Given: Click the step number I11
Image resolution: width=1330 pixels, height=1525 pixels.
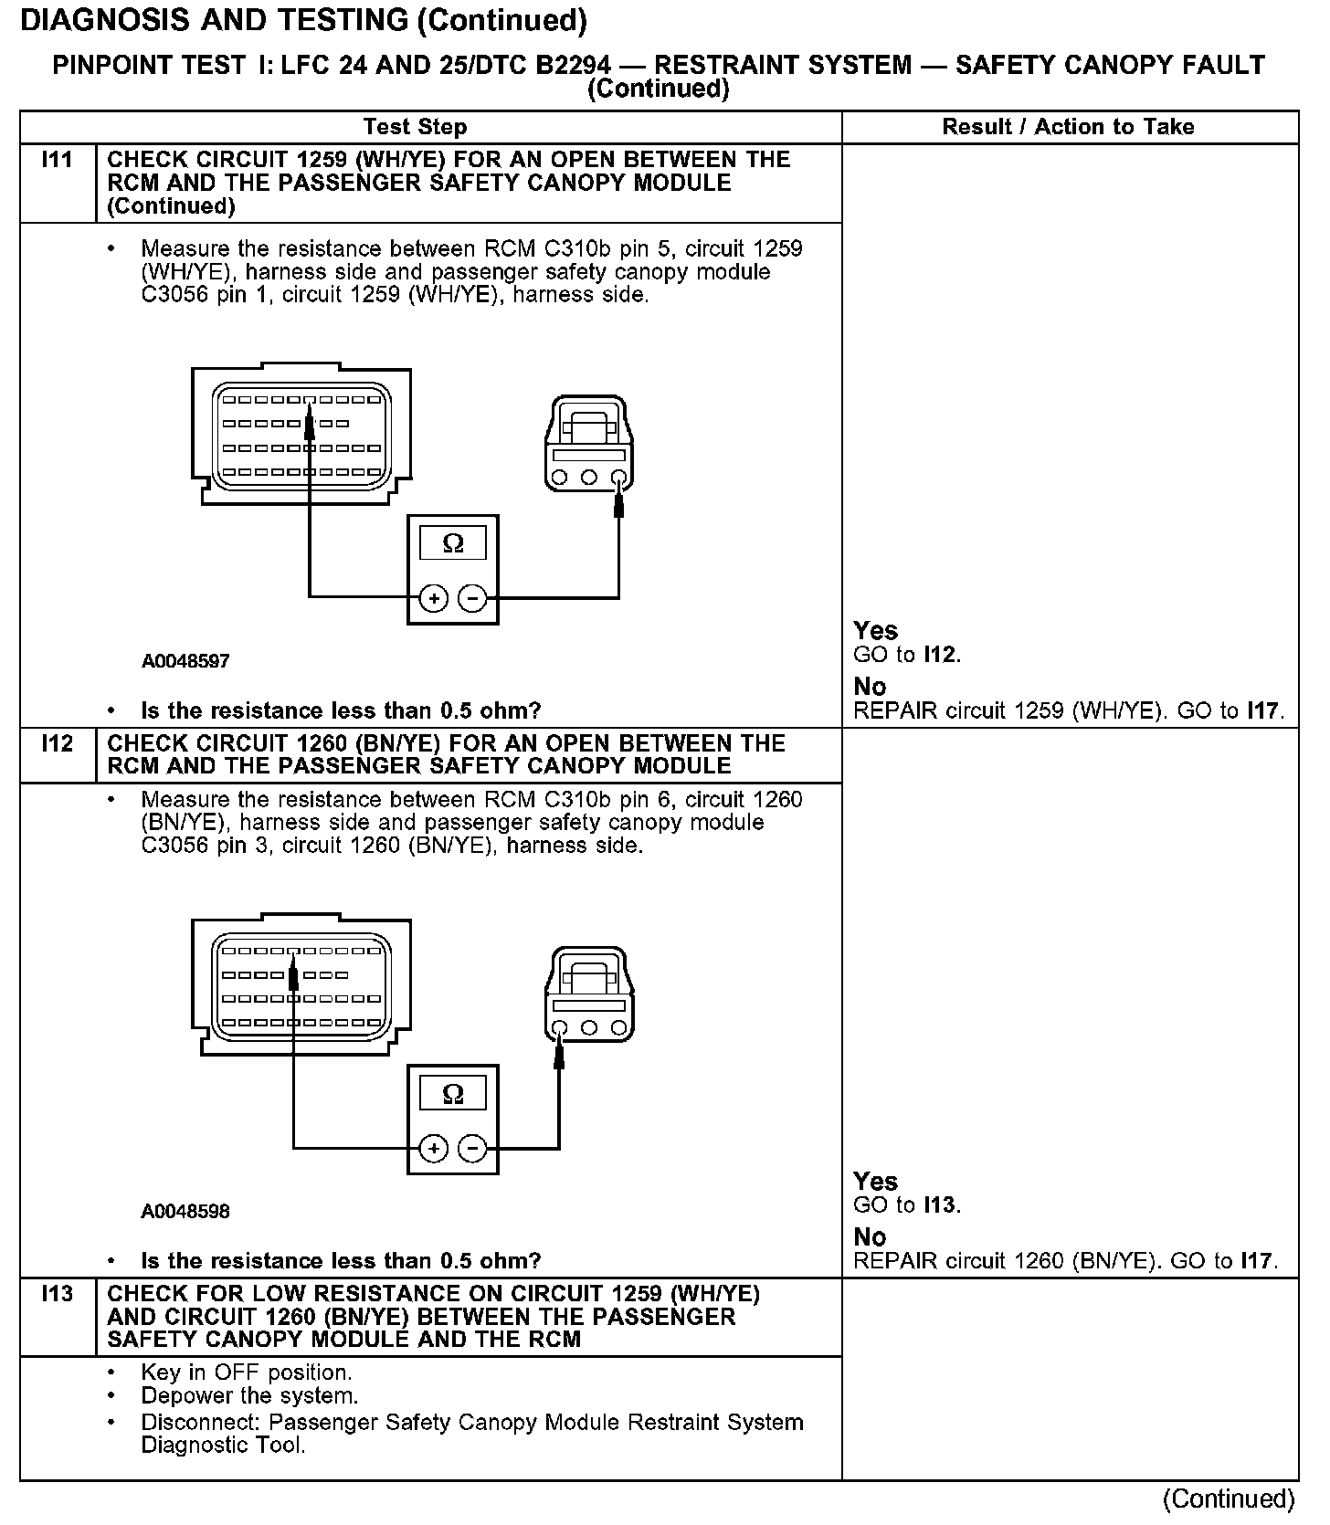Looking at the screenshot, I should [57, 160].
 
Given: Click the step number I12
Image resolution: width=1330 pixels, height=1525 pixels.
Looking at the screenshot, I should [57, 743].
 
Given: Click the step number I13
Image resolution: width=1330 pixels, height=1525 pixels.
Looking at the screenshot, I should [57, 1294].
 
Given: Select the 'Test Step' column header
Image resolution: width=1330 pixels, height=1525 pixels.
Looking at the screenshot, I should [415, 127].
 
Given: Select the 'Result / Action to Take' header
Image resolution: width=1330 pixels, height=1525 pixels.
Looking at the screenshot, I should [1068, 127].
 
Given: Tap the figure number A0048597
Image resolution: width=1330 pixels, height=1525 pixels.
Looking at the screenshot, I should [185, 661].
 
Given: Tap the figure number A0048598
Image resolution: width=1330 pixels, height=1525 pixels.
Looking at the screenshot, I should [185, 1212].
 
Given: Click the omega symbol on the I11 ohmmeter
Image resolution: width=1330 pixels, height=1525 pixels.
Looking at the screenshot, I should [453, 544].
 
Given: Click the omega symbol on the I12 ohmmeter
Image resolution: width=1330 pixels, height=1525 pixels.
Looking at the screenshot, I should [453, 1094].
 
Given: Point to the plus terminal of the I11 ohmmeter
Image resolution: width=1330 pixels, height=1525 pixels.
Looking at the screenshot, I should [434, 599].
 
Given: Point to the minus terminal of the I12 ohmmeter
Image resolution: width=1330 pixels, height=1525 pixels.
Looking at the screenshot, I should [472, 1149].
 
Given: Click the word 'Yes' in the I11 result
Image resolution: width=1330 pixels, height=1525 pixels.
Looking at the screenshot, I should [875, 630].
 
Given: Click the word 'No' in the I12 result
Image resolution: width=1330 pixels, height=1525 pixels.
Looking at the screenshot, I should [870, 1236].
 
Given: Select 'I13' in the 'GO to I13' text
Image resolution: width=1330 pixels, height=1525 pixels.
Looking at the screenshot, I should [940, 1205].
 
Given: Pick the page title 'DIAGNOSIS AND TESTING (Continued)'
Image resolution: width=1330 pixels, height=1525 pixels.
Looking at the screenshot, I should [303, 20].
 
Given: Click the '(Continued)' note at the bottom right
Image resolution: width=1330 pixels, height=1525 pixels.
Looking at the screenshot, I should [1229, 1499].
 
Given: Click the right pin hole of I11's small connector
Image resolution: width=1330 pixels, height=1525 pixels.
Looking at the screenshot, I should [619, 478].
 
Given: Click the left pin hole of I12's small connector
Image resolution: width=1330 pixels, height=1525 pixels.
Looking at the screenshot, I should [560, 1028].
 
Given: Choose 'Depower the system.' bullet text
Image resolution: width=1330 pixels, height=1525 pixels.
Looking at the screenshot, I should [249, 1395].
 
